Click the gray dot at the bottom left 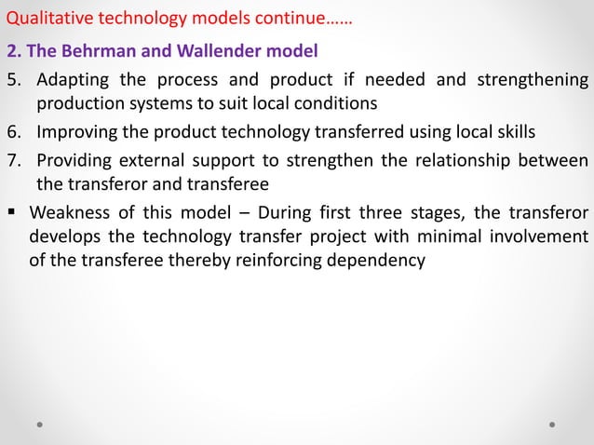(41, 424)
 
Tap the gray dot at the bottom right (552, 424)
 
